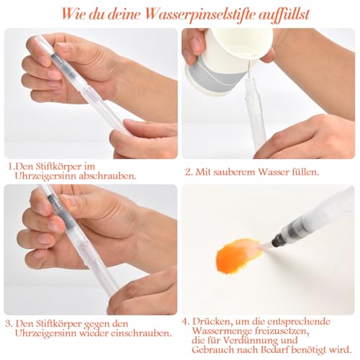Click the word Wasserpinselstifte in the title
coord(200,14)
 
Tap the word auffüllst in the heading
coord(284,15)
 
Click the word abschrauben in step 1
coord(107,176)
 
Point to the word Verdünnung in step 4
coord(250,340)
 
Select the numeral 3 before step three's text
coord(8,324)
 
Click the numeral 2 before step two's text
coord(188,172)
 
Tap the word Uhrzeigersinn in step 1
coord(45,176)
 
